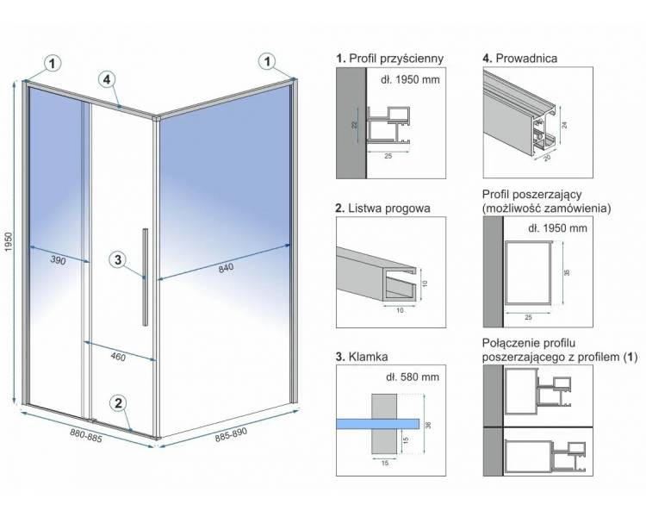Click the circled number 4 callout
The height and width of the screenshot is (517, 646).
pos(107,79)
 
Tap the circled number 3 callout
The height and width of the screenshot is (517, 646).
pos(118,259)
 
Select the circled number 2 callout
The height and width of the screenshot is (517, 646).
pos(118,402)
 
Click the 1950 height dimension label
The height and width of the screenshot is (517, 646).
pos(9,242)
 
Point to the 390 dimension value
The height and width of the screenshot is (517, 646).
pos(58,260)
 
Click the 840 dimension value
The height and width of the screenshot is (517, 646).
pos(226,268)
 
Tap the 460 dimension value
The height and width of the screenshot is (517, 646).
pos(118,356)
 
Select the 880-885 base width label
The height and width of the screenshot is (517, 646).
pos(85,435)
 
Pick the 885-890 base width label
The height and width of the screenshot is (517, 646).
pos(231,434)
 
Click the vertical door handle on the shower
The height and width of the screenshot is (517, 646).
pos(146,277)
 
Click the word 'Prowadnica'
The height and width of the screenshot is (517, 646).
pos(526,59)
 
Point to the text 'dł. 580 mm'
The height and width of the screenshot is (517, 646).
pos(413,377)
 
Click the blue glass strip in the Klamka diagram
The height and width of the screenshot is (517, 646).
pos(377,424)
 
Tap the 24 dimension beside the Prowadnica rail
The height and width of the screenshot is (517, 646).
pos(565,124)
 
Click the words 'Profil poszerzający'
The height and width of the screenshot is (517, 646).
pos(532,195)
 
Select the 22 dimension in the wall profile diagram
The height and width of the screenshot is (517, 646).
pos(355,124)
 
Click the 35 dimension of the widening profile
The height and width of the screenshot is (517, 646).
pos(567,272)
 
